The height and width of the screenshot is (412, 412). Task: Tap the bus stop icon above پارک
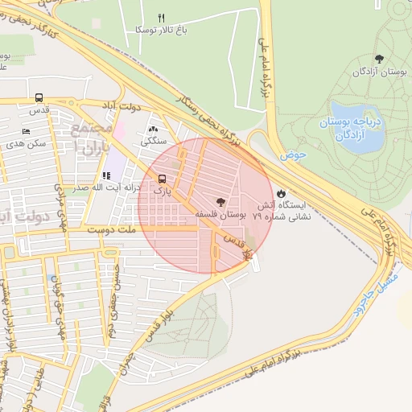pyautogui.click(x=163, y=179)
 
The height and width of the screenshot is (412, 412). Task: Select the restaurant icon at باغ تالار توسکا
pyautogui.click(x=161, y=18)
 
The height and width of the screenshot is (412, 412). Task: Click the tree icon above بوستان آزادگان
pyautogui.click(x=379, y=59)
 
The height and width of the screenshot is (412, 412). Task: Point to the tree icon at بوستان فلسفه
pyautogui.click(x=220, y=201)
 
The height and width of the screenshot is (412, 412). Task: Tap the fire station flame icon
pyautogui.click(x=280, y=194)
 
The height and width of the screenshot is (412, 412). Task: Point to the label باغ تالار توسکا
pyautogui.click(x=181, y=31)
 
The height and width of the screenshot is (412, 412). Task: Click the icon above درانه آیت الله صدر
pyautogui.click(x=105, y=175)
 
